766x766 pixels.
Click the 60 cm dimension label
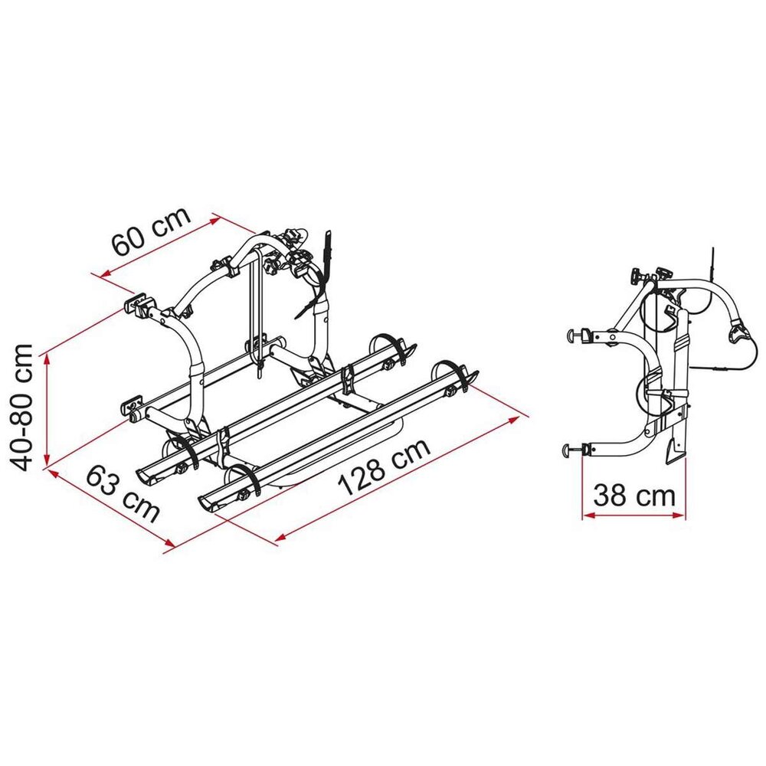[151, 231]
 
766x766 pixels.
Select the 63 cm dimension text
[123, 493]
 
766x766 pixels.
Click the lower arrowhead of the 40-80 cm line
[47, 460]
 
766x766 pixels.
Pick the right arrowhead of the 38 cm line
[679, 515]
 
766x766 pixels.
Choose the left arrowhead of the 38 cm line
[588, 515]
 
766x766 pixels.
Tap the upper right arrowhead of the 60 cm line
[215, 220]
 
